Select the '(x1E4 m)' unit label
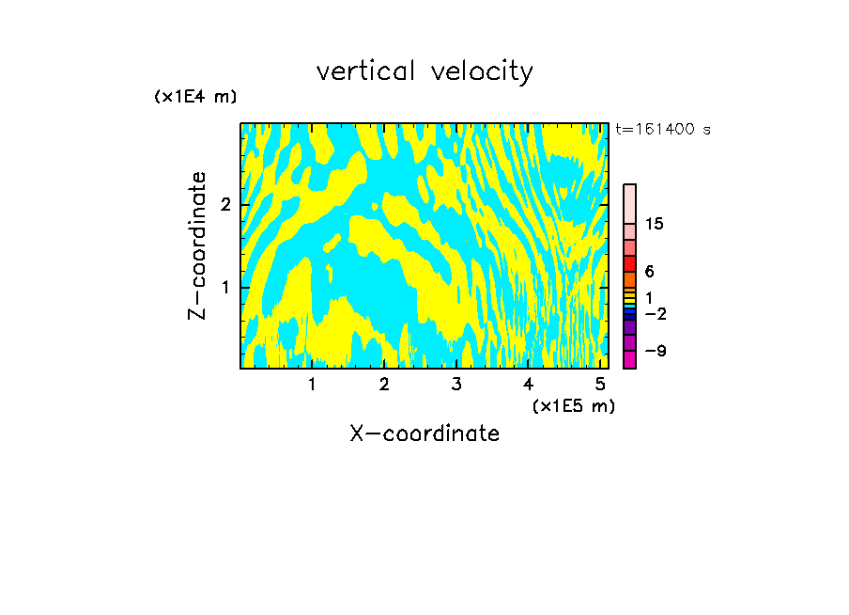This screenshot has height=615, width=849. coord(195,96)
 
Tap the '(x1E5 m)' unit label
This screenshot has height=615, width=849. coord(573,405)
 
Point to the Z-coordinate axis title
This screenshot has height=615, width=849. coord(197,245)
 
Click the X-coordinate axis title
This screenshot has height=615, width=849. coord(424,434)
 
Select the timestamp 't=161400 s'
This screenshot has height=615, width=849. coord(663,129)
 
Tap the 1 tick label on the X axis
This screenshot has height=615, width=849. coord(312,385)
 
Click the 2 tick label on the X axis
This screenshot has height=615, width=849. coord(384,385)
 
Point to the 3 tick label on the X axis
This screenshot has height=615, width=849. coord(456,385)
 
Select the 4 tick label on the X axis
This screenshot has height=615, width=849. coord(528,385)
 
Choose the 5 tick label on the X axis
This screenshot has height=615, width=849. coord(600,385)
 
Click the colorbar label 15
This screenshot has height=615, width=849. coord(655,224)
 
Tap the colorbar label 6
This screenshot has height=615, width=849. coord(649,271)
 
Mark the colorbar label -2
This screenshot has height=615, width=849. coord(655,313)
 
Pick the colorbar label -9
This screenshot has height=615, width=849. coord(655,351)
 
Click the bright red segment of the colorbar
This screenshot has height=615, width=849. coord(629,263)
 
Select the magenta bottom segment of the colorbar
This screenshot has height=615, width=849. coord(629,359)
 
